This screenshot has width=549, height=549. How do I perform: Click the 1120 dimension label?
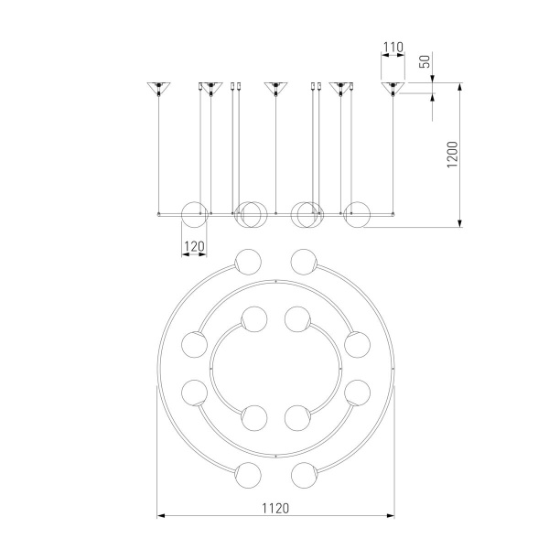click(275, 508)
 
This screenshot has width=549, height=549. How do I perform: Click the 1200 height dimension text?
click(452, 155)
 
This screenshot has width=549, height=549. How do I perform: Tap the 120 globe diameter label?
click(194, 246)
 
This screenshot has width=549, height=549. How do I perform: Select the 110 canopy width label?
click(393, 47)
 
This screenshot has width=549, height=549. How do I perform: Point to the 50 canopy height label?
click(425, 61)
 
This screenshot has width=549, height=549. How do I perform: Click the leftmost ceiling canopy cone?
click(158, 87)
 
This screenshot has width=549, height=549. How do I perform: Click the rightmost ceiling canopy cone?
click(393, 87)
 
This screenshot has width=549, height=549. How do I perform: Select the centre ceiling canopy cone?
click(276, 87)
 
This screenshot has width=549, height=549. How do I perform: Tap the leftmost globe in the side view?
click(194, 215)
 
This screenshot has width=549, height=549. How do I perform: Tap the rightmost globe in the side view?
click(357, 215)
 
